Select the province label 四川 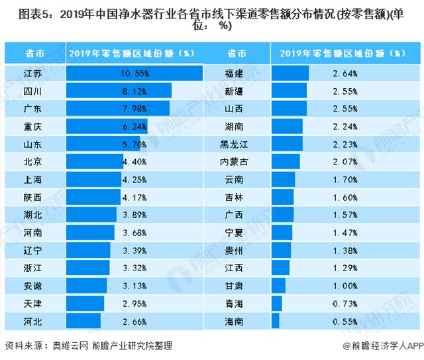click(32, 90)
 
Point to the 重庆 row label click(32, 125)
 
